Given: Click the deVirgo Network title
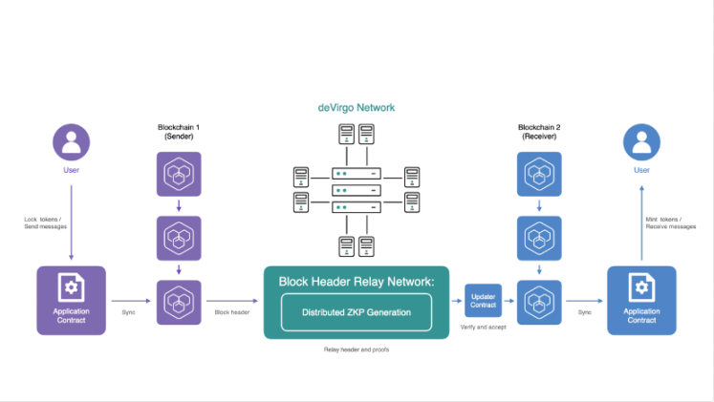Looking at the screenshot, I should point(357,108).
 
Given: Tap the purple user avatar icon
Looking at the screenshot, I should point(71,144).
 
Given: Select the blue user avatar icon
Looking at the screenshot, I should point(642,144).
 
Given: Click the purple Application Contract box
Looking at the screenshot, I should point(71,300).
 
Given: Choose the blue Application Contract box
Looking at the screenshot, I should point(641,300).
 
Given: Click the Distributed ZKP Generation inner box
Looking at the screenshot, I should point(357,312).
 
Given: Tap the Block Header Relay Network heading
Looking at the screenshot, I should point(357,283).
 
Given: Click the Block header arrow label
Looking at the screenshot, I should point(232,312).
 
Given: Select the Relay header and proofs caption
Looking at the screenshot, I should point(357,350).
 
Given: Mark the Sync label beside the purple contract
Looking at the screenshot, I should point(128,312).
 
